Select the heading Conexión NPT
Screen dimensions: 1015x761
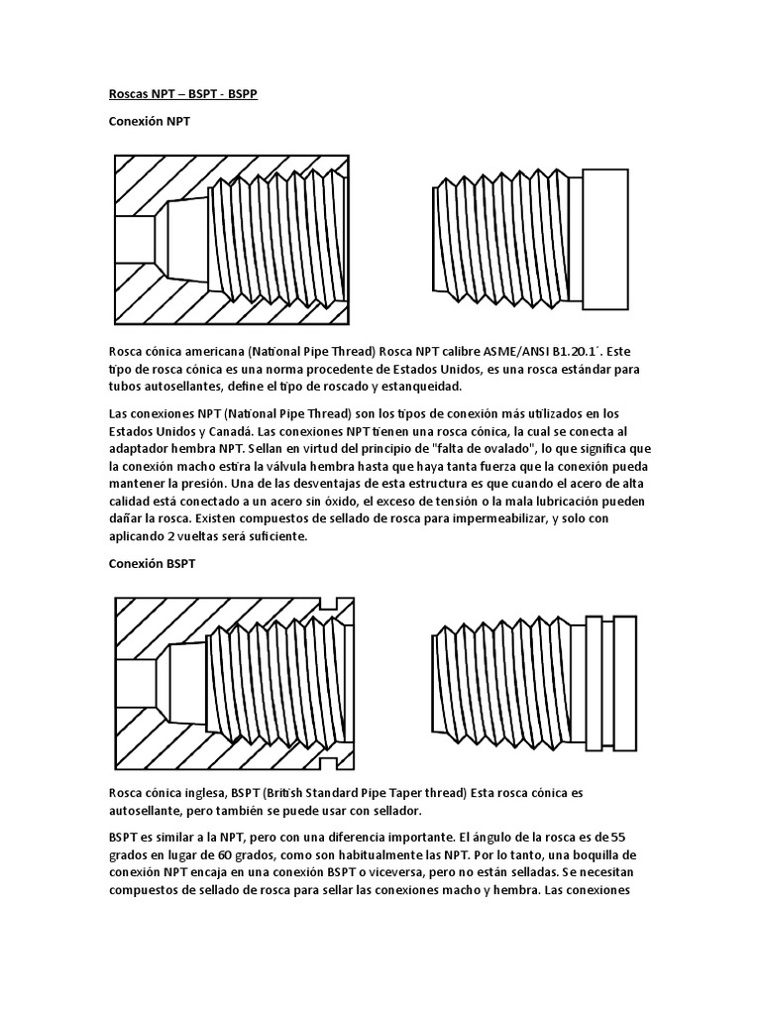[149, 122]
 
